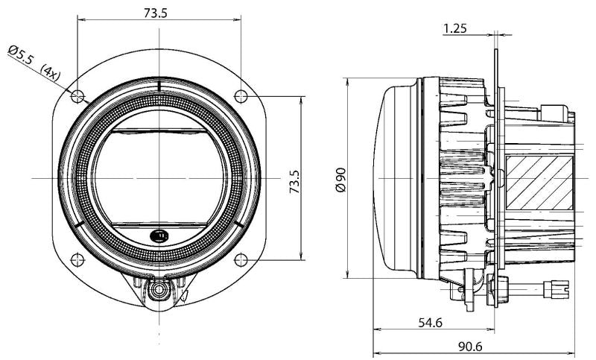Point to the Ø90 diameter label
341,179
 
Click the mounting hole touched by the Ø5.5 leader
76,95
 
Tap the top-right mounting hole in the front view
241,95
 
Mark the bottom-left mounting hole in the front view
76,259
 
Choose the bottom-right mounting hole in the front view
241,259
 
